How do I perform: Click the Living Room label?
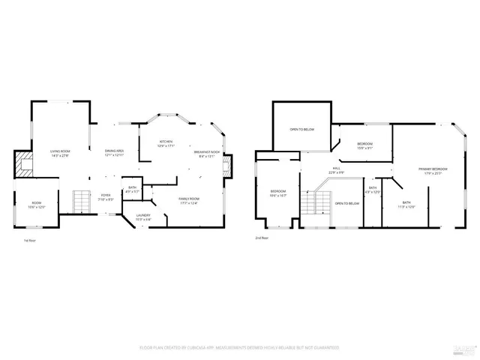(60, 153)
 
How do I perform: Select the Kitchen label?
(166, 144)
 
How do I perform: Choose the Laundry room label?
(142, 217)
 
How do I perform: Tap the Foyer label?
(106, 197)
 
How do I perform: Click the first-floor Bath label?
(132, 190)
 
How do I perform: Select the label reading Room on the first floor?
(36, 205)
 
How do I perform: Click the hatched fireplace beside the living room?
(25, 163)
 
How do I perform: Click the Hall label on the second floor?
(336, 171)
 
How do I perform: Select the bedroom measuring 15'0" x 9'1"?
(364, 145)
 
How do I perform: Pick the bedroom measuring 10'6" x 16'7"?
(278, 193)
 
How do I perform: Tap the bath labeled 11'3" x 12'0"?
(406, 204)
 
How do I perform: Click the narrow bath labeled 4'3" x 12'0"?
(373, 190)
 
